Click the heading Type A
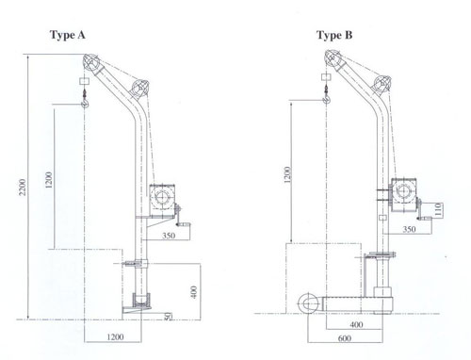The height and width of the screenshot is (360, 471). (68, 35)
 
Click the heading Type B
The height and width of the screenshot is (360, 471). (334, 35)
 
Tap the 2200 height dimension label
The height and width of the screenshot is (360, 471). (23, 187)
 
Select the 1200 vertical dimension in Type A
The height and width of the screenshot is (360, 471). (49, 180)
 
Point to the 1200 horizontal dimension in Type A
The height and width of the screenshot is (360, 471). (115, 337)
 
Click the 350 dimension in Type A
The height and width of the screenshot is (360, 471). (169, 236)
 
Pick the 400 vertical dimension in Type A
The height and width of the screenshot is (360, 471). (194, 292)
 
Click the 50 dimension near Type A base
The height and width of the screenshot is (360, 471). (168, 316)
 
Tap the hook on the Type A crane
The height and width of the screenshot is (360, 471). (85, 103)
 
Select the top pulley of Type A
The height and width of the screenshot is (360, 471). (91, 62)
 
